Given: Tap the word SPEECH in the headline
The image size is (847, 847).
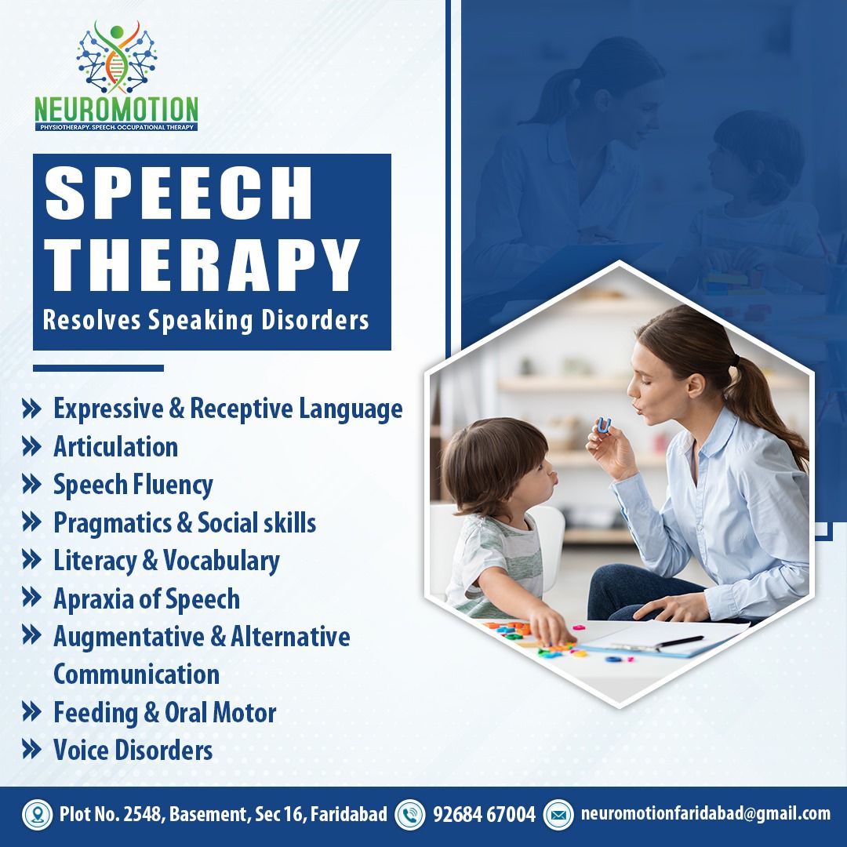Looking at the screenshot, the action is (179, 193).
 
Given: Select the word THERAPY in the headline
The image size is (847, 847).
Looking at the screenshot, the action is (202, 265).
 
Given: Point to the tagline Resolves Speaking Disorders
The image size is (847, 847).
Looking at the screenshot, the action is (205, 320).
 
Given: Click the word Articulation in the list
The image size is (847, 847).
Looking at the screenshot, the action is (115, 447).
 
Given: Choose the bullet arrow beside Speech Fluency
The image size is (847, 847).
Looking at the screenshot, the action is (32, 484).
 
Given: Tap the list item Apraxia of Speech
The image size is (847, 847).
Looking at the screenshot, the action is (147, 599).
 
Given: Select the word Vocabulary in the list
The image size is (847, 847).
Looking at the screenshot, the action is (221, 562).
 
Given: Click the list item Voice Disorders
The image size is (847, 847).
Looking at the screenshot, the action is (133, 751).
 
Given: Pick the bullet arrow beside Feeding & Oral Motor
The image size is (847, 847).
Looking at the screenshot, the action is (32, 712).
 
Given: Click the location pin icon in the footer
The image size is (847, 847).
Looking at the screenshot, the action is (38, 815).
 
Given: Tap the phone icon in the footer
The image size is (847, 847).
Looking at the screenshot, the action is (410, 815).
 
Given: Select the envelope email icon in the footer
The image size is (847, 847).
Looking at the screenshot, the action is (558, 815).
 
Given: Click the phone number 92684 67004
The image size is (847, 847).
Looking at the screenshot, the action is (484, 814).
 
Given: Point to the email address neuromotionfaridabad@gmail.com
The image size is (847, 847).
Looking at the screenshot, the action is (706, 813).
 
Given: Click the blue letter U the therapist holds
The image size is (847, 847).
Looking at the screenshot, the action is (603, 426).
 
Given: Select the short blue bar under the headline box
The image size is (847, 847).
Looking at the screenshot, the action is (98, 369).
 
